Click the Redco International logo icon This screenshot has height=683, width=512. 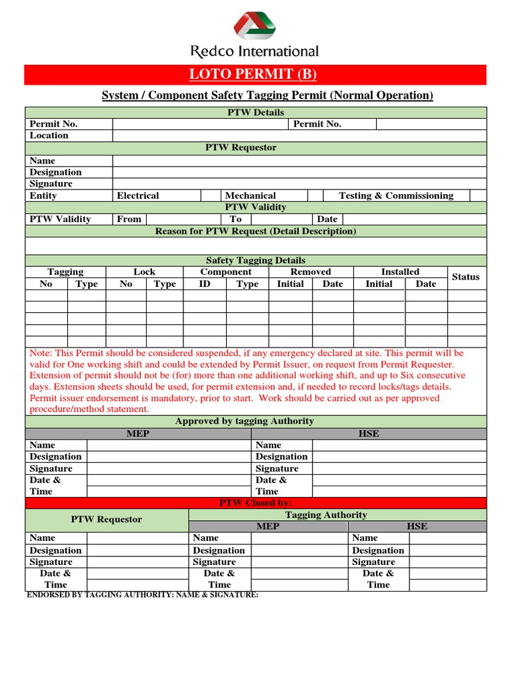coord(255,27)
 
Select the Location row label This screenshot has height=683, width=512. coord(49,135)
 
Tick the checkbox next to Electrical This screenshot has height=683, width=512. coord(211,195)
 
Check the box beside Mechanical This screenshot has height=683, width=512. coord(315,195)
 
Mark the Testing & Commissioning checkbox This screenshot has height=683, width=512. coord(478,195)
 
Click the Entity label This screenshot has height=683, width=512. coord(43,195)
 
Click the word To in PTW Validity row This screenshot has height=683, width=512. coord(236,219)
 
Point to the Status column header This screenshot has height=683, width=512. coord(465,277)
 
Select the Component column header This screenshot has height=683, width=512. coord(226,271)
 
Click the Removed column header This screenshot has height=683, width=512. coord(311,271)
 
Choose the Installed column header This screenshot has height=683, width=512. coord(400,271)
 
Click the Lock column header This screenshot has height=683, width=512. coord(144,271)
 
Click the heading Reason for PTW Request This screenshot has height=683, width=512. coord(255,231)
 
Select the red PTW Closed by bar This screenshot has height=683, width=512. coord(255,503)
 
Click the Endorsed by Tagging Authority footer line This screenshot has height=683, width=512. coord(142,594)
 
